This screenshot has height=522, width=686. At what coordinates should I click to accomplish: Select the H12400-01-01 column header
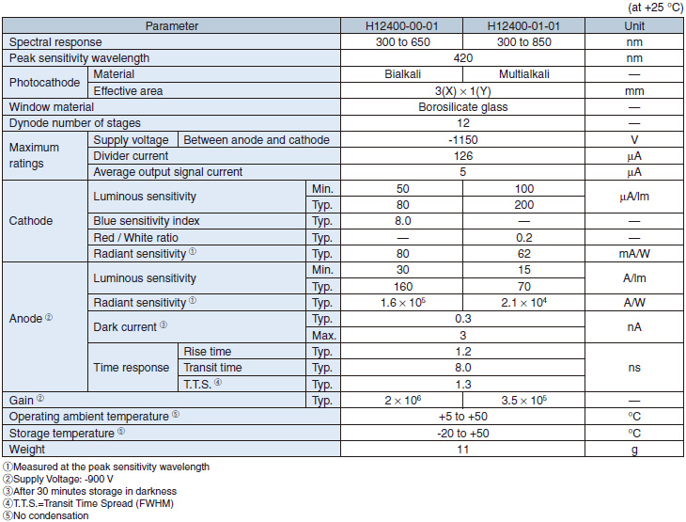coord(523,25)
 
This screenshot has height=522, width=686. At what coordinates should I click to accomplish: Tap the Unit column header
coord(634,25)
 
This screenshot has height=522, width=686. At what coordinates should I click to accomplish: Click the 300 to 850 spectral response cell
coord(523,42)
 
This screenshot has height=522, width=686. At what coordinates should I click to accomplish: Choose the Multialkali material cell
coord(523,74)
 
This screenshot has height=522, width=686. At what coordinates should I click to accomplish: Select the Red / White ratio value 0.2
coord(523,238)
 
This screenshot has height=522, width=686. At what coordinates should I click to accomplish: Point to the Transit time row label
coord(212,368)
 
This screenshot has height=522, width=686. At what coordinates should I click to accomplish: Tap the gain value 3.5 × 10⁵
coord(523,400)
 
